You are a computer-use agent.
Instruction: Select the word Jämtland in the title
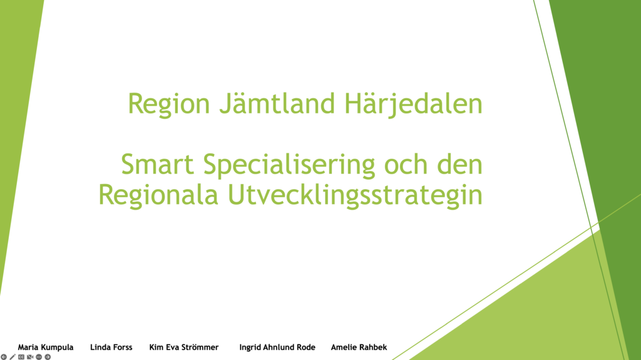(277, 103)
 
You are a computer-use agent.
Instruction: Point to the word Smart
(157, 164)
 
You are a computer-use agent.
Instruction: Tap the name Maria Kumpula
(45, 347)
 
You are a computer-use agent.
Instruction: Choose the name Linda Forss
(111, 347)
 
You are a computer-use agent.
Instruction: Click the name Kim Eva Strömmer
(183, 347)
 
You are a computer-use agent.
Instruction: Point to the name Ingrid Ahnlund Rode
(277, 347)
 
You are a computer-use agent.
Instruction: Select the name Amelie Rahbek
(359, 347)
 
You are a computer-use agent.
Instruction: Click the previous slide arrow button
(4, 357)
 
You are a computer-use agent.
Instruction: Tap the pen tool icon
(13, 357)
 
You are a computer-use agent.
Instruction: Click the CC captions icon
(21, 357)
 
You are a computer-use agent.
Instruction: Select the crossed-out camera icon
(30, 357)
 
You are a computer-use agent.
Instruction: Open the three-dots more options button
(39, 357)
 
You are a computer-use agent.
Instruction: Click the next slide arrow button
(48, 357)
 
